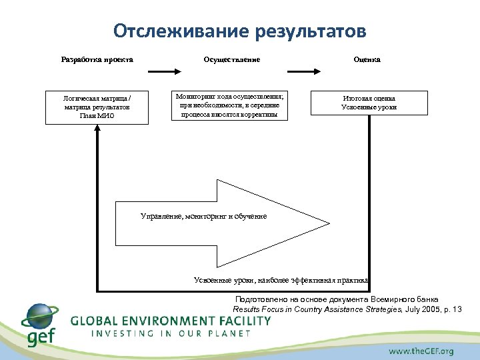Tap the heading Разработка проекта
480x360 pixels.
pyautogui.click(x=97, y=59)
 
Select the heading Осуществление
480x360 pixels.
pyautogui.click(x=231, y=59)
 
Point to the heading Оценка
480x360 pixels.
pyautogui.click(x=367, y=59)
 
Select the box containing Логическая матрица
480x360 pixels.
pyautogui.click(x=97, y=107)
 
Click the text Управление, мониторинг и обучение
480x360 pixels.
pyautogui.click(x=203, y=217)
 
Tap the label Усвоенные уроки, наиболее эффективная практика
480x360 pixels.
pyautogui.click(x=280, y=280)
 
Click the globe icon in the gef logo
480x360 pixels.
pyautogui.click(x=39, y=317)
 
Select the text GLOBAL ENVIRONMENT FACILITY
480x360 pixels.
pyautogui.click(x=171, y=321)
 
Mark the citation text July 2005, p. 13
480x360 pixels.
pyautogui.click(x=433, y=310)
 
